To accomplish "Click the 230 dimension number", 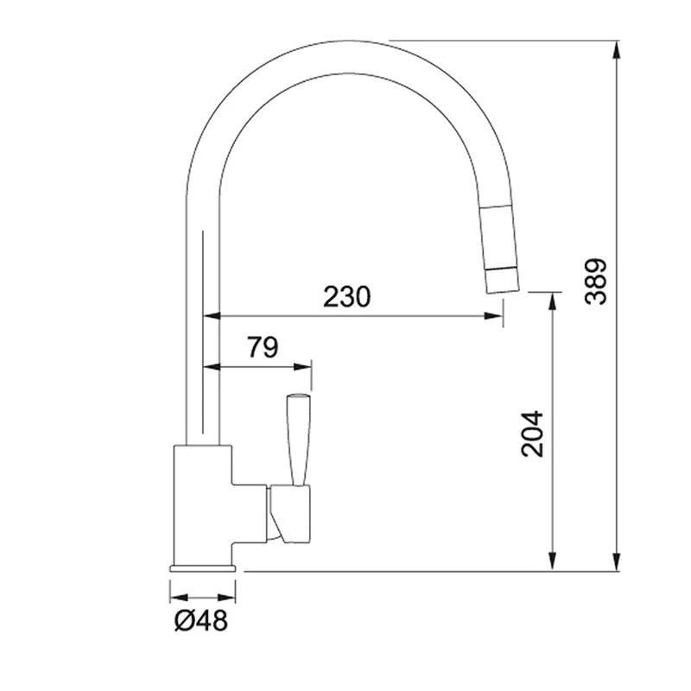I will (347, 296).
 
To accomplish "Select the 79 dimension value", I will (263, 347).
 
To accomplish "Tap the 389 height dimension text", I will (596, 282).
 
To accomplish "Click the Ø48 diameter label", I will (201, 620).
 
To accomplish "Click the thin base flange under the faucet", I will (203, 567).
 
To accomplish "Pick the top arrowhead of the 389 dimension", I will (617, 48).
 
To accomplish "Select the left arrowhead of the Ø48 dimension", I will (175, 596).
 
